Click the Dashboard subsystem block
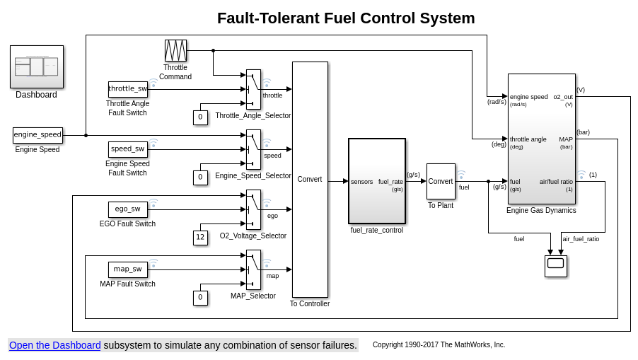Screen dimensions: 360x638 coord(37,66)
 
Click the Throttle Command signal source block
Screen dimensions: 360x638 coord(175,51)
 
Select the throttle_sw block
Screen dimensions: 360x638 coord(128,89)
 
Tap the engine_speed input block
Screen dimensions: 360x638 coord(37,135)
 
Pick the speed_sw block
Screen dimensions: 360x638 coord(128,149)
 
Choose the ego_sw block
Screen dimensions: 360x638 coord(128,209)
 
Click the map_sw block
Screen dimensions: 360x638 coord(128,269)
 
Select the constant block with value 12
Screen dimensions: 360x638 coord(200,238)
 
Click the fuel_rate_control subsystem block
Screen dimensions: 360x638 coord(377,181)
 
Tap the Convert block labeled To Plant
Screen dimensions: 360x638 coord(441,182)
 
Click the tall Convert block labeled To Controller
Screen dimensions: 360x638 coord(310,180)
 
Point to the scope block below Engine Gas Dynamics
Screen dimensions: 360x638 coord(555,266)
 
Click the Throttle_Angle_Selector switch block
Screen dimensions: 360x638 coord(253,89)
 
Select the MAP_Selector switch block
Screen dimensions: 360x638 coord(253,269)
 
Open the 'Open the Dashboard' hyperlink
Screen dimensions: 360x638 coord(55,345)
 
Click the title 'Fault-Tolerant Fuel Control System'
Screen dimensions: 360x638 coord(346,18)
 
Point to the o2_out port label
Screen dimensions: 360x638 coord(563,97)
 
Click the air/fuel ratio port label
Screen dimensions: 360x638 coord(556,182)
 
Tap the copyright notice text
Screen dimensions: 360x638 coord(439,345)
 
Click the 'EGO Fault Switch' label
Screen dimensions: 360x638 coord(127,224)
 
